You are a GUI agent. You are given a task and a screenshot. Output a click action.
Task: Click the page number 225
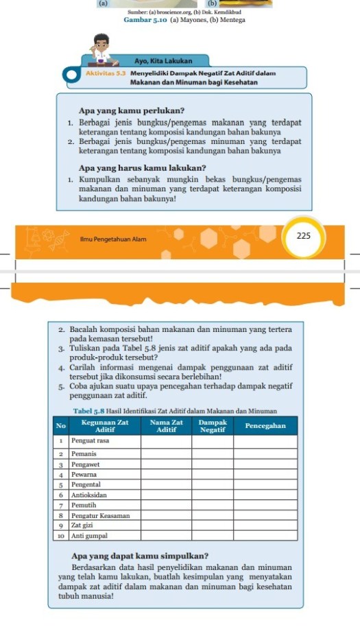[304, 236]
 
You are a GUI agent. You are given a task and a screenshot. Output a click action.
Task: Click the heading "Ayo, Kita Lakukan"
[163, 61]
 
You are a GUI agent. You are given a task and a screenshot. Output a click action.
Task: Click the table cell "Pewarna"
[83, 474]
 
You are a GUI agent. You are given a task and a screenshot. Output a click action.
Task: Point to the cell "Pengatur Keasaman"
[100, 514]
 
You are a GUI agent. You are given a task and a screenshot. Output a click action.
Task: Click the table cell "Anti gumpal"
[88, 535]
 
